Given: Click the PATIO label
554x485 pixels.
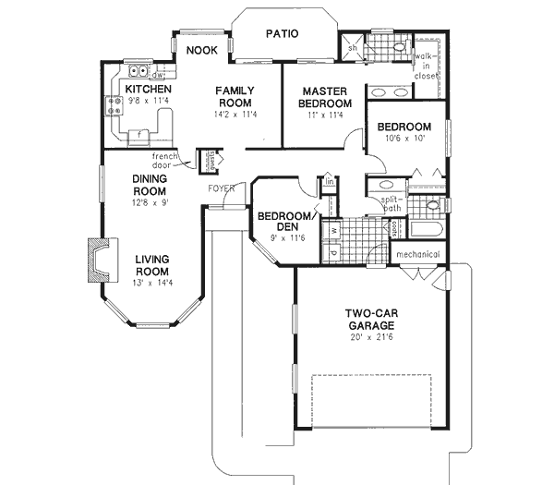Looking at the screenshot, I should pos(282,33).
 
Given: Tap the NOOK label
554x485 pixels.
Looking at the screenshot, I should pos(201,51).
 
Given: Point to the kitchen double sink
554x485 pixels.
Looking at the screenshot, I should pos(139,71).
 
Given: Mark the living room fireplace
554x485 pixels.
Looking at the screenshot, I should pos(99,258).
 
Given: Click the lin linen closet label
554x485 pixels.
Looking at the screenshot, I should pos(328,182).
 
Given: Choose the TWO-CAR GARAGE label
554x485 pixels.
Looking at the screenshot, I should pos(371,320).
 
